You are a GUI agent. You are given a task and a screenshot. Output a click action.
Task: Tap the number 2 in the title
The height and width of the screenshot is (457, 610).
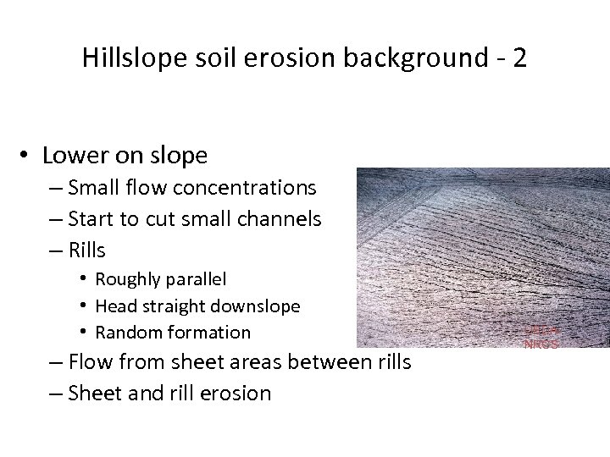point(518,58)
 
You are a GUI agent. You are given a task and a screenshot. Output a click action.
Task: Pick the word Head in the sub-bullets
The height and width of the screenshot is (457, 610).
point(114,306)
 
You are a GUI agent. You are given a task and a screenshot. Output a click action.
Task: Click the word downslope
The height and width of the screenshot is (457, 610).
point(256,306)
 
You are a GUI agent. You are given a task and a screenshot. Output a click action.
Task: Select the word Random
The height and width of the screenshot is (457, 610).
point(128,332)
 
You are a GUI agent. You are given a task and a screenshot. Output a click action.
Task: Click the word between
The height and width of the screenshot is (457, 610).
point(330,363)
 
